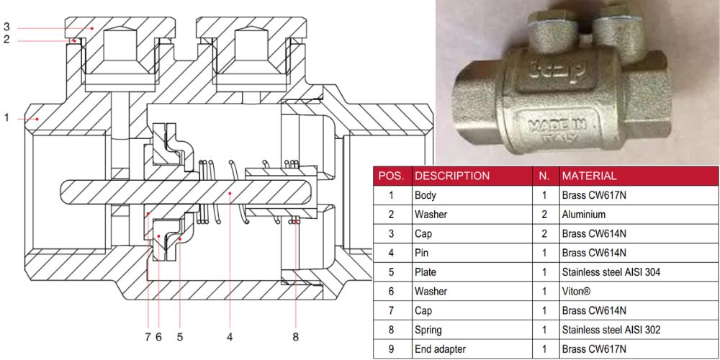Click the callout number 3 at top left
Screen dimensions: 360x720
(6, 27)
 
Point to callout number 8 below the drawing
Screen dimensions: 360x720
(295, 336)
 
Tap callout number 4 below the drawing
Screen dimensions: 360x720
(230, 336)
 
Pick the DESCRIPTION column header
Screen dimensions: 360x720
(452, 176)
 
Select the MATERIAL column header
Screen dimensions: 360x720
(589, 176)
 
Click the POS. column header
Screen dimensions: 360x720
(392, 176)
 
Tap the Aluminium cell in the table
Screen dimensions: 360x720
(585, 215)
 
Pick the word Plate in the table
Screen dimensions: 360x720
(426, 272)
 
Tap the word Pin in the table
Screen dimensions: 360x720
(422, 253)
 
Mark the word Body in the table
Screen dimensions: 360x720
(426, 195)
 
